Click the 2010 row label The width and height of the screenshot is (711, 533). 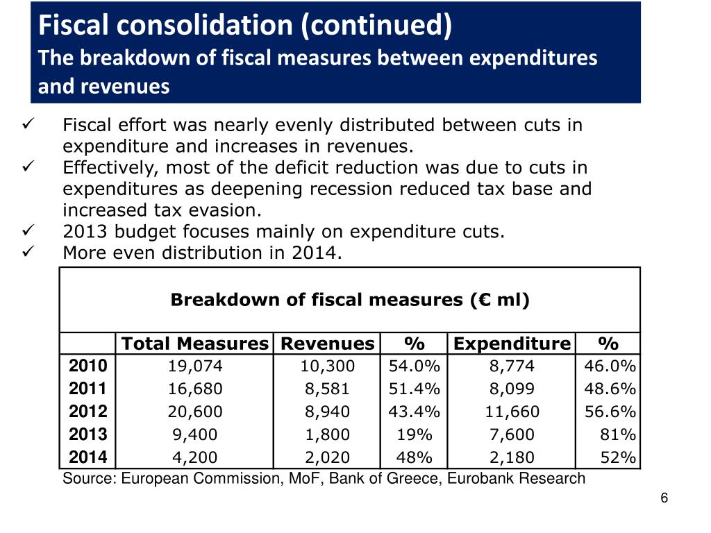pyautogui.click(x=87, y=366)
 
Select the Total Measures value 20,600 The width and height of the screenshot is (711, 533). pyautogui.click(x=195, y=412)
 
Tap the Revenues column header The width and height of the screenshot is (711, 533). pyautogui.click(x=327, y=344)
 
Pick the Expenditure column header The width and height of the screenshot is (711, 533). pyautogui.click(x=512, y=344)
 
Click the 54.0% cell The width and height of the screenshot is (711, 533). pyautogui.click(x=415, y=366)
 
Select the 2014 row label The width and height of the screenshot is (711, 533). pyautogui.click(x=87, y=457)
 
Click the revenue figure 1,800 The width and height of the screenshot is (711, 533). pyautogui.click(x=328, y=434)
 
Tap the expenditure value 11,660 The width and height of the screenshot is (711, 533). pyautogui.click(x=512, y=412)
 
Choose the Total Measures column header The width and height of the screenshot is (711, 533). pyautogui.click(x=195, y=344)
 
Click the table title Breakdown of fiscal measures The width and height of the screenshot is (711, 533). pyautogui.click(x=350, y=300)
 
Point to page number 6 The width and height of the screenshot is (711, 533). pyautogui.click(x=664, y=498)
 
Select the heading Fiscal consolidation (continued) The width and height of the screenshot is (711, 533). pyautogui.click(x=244, y=25)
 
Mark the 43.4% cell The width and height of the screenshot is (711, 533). pyautogui.click(x=415, y=412)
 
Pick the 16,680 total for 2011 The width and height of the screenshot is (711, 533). pyautogui.click(x=195, y=389)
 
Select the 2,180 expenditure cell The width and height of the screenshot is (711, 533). pyautogui.click(x=512, y=457)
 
